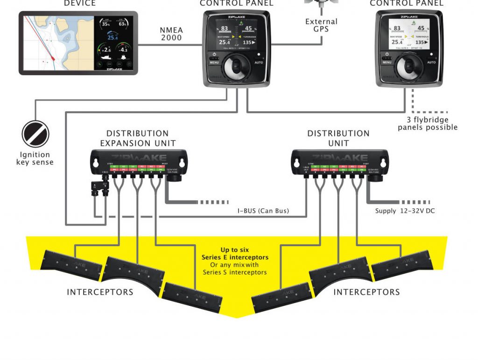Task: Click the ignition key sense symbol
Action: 35,134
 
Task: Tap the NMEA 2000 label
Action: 171,34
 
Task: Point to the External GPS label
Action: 321,25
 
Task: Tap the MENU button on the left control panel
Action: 214,62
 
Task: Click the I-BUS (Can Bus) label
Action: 263,211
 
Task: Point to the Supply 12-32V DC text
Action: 405,211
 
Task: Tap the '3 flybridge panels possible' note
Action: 428,124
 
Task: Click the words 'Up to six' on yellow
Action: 235,250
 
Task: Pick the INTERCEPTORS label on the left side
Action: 100,292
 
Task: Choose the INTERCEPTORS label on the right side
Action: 366,292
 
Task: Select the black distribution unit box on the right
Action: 339,162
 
